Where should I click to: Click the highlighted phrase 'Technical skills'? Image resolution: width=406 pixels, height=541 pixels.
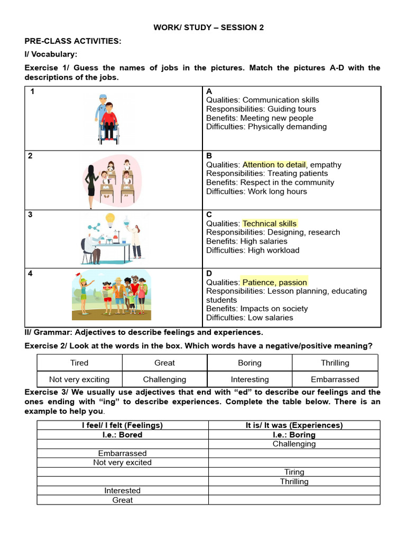(x=270, y=223)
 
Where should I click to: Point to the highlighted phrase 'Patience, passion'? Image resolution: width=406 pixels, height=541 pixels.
(x=274, y=282)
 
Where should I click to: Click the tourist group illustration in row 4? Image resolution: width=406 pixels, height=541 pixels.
(x=112, y=294)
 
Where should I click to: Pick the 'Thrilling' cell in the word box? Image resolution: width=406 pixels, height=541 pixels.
(x=335, y=363)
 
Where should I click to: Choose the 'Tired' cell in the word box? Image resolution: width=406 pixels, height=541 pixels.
(x=79, y=363)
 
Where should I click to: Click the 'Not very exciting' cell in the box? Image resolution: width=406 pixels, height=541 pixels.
(x=79, y=379)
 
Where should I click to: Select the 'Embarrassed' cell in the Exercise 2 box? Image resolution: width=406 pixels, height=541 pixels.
(x=335, y=379)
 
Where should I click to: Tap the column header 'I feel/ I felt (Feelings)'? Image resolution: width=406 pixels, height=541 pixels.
(x=123, y=425)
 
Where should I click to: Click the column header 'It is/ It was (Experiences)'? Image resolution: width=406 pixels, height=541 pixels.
(x=294, y=425)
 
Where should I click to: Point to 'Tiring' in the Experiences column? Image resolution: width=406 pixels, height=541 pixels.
(x=294, y=472)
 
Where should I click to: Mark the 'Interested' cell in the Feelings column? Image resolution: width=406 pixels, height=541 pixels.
(x=123, y=491)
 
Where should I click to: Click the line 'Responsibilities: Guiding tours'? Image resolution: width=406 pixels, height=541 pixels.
(x=261, y=109)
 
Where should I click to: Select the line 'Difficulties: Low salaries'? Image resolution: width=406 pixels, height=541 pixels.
(x=250, y=318)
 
